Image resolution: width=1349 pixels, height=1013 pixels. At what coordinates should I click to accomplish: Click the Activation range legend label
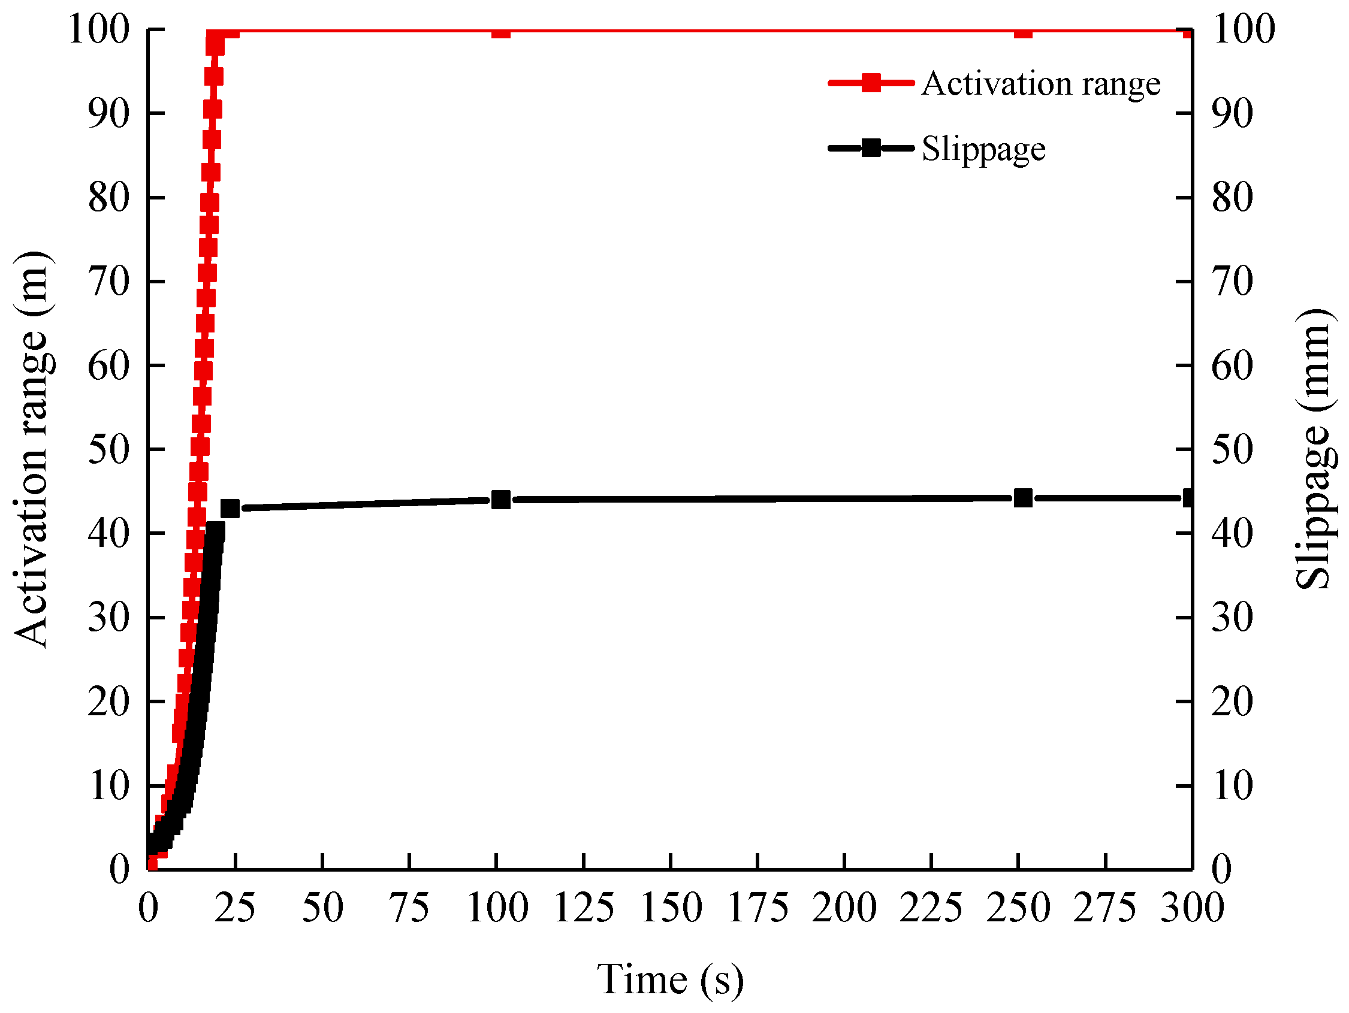click(x=1040, y=83)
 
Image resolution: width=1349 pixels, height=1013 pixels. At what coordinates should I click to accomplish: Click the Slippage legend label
click(x=983, y=149)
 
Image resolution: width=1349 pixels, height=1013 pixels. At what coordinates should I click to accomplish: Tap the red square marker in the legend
click(x=871, y=82)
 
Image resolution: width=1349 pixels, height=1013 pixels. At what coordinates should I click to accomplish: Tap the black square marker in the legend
click(x=871, y=147)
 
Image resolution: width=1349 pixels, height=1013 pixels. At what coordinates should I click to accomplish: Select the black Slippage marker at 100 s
click(x=500, y=500)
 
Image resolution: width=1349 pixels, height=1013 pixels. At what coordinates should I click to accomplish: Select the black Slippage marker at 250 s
click(x=1023, y=498)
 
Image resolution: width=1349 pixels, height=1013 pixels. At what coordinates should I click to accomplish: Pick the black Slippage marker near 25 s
click(x=230, y=509)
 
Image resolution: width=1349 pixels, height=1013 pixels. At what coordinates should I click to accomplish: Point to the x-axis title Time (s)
click(x=669, y=979)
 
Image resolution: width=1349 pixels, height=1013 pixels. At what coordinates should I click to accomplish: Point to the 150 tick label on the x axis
click(x=671, y=908)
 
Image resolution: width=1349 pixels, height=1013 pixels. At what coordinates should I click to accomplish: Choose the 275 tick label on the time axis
click(x=1105, y=908)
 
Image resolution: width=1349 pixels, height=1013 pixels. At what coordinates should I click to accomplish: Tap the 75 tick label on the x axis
click(x=409, y=908)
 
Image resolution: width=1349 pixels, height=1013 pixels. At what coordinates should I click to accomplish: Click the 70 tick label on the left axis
click(x=108, y=282)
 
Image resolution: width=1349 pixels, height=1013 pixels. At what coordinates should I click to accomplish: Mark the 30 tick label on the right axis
click(x=1232, y=618)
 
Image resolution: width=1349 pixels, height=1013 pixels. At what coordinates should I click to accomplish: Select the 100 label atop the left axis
click(x=99, y=29)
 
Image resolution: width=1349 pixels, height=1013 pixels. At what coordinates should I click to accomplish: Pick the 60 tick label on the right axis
click(x=1232, y=366)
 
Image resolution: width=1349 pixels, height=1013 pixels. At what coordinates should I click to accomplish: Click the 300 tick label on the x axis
click(x=1191, y=908)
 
